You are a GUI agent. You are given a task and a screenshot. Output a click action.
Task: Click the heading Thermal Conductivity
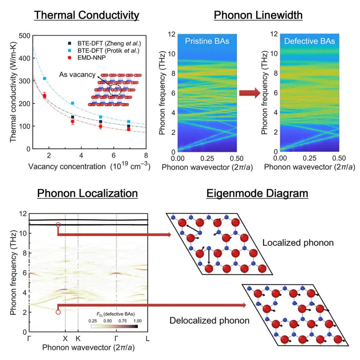coord(87,16)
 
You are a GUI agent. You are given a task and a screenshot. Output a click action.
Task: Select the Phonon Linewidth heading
coord(258,16)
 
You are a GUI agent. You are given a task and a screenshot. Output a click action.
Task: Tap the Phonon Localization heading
coord(87,193)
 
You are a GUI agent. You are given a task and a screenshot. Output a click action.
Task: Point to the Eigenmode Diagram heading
coord(257,193)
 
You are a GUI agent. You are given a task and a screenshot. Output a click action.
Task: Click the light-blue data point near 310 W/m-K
coord(45,79)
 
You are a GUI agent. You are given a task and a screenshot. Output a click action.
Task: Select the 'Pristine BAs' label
coord(207,41)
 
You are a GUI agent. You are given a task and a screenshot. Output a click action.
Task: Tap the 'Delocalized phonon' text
coord(209,320)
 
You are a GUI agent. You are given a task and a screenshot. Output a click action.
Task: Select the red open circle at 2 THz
coord(58,312)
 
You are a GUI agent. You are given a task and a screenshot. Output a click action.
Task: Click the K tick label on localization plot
coord(78,339)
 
